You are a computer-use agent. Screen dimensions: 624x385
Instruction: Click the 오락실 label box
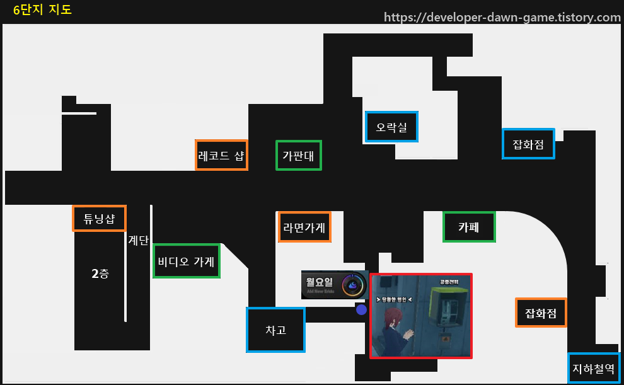click(x=391, y=127)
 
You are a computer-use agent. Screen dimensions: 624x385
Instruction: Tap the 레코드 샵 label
click(x=221, y=155)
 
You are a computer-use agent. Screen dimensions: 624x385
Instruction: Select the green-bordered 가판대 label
click(x=299, y=155)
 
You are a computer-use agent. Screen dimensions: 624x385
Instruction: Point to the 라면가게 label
click(x=304, y=227)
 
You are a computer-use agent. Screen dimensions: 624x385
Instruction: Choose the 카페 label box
click(x=469, y=227)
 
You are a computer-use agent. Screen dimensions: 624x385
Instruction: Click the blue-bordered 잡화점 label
click(x=528, y=144)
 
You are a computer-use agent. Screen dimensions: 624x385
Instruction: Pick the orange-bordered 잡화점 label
click(x=541, y=313)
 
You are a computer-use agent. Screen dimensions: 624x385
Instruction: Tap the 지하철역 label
click(x=593, y=368)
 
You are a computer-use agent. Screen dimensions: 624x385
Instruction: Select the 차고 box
click(x=275, y=330)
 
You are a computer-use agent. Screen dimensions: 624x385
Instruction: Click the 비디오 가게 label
click(x=187, y=261)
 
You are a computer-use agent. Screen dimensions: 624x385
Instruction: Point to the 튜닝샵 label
click(x=100, y=219)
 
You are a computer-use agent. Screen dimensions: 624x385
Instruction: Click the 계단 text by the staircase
click(x=138, y=240)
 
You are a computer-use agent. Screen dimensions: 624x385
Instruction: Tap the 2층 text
click(x=100, y=273)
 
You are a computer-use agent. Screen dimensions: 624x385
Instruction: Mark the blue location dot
click(x=361, y=309)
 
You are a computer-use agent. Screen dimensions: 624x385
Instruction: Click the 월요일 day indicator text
click(x=320, y=282)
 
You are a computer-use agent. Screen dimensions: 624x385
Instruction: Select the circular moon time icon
click(x=353, y=285)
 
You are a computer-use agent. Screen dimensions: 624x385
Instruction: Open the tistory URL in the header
click(x=502, y=17)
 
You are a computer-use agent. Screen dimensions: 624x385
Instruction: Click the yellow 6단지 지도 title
click(x=42, y=9)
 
